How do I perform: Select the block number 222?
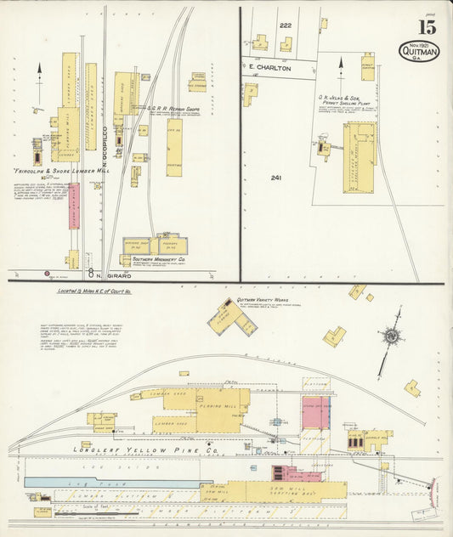click(286, 25)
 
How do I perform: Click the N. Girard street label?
click(105, 274)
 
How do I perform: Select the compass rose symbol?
click(391, 335)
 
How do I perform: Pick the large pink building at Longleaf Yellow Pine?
click(315, 411)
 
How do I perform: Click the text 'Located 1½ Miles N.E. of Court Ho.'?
click(99, 291)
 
